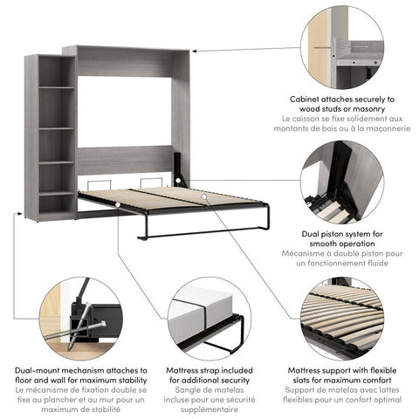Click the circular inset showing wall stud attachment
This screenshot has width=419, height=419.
(342, 47)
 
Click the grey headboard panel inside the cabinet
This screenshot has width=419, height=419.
(124, 159)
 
